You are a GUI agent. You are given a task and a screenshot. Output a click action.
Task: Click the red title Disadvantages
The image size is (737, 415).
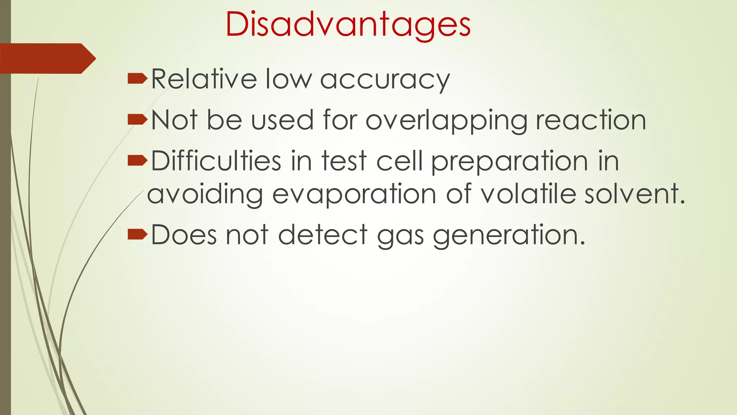(x=348, y=24)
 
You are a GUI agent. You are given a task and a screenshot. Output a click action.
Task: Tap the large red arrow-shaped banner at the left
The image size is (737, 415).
(x=47, y=58)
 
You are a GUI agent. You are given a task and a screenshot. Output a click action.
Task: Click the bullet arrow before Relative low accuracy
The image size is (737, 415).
(x=137, y=78)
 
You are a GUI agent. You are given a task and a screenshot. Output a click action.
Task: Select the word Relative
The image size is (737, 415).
(x=204, y=79)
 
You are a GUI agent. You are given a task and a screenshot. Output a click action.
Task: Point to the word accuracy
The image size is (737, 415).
(x=385, y=80)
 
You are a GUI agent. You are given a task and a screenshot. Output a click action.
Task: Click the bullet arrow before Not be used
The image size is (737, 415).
(x=137, y=119)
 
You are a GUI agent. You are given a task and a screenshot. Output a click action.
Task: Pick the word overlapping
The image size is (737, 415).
(x=446, y=121)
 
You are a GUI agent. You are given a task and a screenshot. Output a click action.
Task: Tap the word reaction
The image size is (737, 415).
(x=591, y=120)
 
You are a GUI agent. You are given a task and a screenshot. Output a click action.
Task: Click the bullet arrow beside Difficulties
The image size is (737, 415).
(x=137, y=160)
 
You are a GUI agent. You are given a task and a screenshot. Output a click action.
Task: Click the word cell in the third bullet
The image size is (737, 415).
(x=399, y=161)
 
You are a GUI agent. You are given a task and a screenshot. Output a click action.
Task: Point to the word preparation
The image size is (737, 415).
(x=510, y=162)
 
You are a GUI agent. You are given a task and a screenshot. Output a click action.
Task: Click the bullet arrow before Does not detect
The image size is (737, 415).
(x=137, y=235)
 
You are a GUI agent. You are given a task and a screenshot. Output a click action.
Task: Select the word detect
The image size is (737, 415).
(x=323, y=235)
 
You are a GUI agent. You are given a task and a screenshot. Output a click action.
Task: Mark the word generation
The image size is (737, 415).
(x=509, y=236)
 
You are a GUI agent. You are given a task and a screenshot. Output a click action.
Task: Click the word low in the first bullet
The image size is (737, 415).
(x=288, y=79)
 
